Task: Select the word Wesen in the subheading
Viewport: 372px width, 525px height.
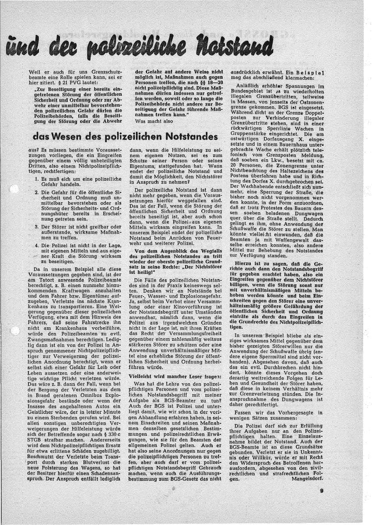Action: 73,136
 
